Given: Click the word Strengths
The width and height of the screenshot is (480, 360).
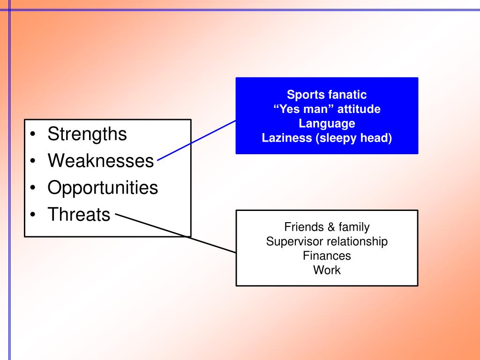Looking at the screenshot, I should coord(87,135).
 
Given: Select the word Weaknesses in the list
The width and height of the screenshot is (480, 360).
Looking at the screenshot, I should coord(101,161).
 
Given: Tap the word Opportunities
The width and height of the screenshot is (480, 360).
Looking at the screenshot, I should coord(103,188).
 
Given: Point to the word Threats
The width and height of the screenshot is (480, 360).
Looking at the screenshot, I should coord(79,215).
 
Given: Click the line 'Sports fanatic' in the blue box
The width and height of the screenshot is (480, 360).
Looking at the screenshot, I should coord(327,95).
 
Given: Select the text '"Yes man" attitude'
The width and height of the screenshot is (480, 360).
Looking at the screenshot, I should coord(327,109).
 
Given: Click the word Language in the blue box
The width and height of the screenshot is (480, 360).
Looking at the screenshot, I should coord(327,124).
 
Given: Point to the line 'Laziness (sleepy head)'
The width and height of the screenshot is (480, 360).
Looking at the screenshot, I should coord(327,138).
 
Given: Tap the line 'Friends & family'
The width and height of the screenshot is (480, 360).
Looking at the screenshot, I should coord(327,227).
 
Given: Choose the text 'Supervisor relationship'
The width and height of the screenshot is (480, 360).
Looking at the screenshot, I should coord(327,242).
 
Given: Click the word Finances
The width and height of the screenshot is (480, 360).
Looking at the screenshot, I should coord(327,256).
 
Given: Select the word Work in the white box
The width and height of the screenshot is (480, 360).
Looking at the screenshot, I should coord(327,270).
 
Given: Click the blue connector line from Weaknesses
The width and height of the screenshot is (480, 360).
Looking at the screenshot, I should coord(197,140).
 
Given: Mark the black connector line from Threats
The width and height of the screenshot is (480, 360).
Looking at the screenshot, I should coord(178,234).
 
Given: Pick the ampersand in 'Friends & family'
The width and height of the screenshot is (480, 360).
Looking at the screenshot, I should coord(331,227).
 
